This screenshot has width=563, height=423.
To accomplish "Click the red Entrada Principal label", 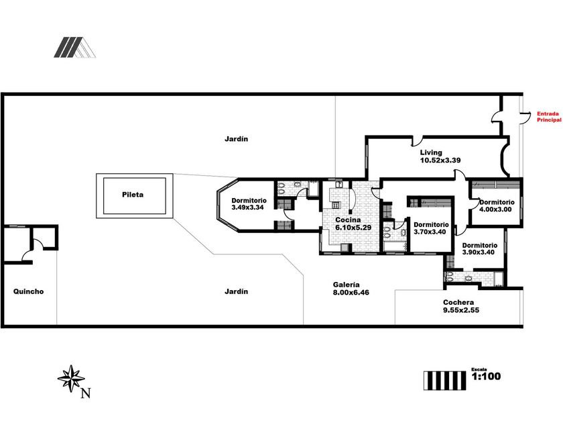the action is tap(548, 117).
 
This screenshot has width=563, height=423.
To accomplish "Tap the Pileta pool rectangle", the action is tap(135, 195).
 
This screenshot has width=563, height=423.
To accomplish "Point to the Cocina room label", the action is tap(349, 220).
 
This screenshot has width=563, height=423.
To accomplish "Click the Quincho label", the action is tap(28, 291).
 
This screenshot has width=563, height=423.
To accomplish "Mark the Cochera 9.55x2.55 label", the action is tap(460, 306).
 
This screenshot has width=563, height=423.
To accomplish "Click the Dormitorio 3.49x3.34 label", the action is tap(249, 204).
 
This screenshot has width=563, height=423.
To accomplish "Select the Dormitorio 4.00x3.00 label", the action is tap(497, 205).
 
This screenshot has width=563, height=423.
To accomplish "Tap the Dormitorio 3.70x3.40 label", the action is tap(431, 228).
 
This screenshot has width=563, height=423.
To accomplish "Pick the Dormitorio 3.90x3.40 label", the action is tap(479, 248).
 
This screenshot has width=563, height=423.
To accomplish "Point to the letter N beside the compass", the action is tap(85, 394).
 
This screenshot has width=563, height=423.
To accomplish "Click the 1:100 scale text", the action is tap(487, 377).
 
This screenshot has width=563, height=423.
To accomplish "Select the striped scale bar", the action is tap(444, 379).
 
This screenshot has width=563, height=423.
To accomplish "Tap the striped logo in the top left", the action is tap(74, 47).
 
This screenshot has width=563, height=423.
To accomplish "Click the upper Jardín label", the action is tap(237, 139).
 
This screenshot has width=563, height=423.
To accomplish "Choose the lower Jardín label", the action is tap(237, 291).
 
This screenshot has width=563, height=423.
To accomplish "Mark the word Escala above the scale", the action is tap(479, 369).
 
